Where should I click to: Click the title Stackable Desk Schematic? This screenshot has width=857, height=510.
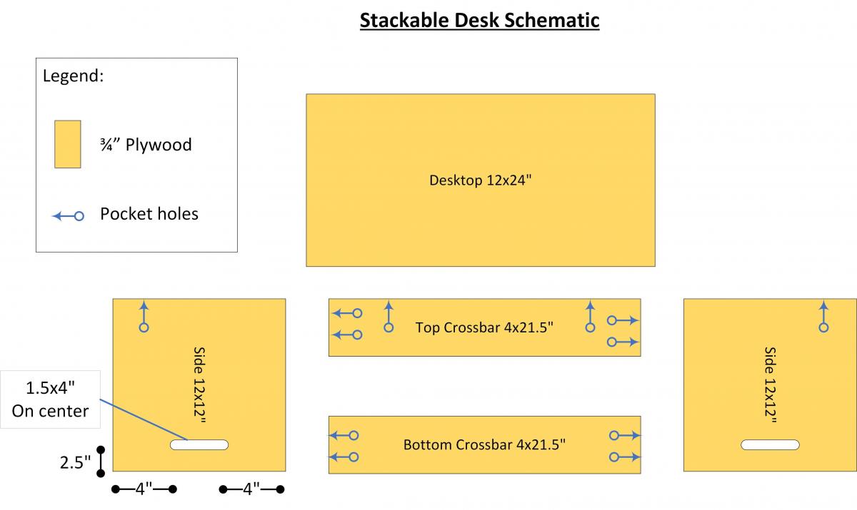pyautogui.click(x=479, y=21)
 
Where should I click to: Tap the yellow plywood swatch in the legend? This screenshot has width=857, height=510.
pyautogui.click(x=68, y=144)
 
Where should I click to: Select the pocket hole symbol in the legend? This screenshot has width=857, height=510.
pyautogui.click(x=68, y=216)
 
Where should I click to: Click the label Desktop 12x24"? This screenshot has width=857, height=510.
pyautogui.click(x=480, y=180)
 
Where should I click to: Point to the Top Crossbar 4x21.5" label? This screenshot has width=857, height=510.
pyautogui.click(x=484, y=327)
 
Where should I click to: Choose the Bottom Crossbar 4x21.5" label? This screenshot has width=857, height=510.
pyautogui.click(x=484, y=444)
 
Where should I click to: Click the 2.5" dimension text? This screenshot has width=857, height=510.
pyautogui.click(x=76, y=462)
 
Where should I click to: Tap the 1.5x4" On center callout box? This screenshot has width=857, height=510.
pyautogui.click(x=50, y=399)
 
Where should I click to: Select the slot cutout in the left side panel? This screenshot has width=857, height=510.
pyautogui.click(x=199, y=444)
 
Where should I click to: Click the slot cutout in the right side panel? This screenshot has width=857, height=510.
pyautogui.click(x=770, y=444)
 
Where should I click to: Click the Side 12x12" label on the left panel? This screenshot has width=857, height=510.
pyautogui.click(x=199, y=384)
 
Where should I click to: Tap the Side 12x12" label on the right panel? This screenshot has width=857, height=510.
pyautogui.click(x=770, y=384)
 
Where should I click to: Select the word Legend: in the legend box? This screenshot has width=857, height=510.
pyautogui.click(x=73, y=76)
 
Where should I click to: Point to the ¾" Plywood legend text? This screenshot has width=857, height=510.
pyautogui.click(x=146, y=145)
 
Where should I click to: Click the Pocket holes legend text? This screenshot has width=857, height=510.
pyautogui.click(x=149, y=214)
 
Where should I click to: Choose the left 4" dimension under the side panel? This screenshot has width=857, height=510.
pyautogui.click(x=144, y=489)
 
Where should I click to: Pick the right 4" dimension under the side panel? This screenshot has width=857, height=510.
pyautogui.click(x=251, y=489)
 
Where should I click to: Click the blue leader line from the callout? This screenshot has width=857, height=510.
pyautogui.click(x=144, y=420)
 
